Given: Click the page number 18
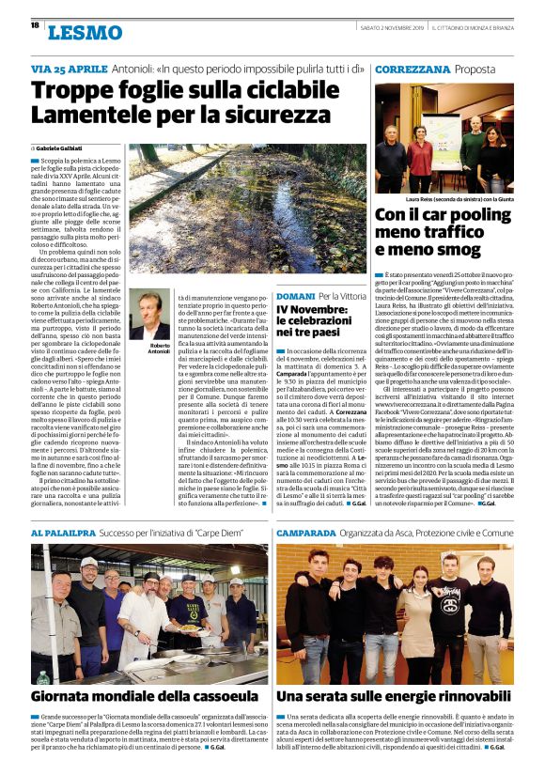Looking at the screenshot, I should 35,25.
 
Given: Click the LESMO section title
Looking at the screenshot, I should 86,34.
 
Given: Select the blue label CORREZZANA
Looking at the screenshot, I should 412,70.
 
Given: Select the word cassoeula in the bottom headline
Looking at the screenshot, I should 217,696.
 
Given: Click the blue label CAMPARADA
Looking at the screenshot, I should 312,532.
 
